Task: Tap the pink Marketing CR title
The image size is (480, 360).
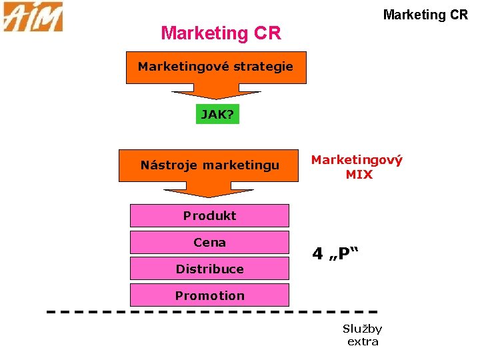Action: pos(221,33)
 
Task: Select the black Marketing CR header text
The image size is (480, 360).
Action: pos(425,15)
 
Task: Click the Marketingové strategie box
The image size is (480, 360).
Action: pos(215,67)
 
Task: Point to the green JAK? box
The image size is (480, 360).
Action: pos(217,115)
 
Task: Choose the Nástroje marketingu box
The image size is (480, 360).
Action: pos(209,165)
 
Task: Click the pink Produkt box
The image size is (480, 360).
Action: pos(209,215)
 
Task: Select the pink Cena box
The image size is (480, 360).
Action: pos(209,242)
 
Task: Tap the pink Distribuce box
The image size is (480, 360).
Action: pos(209,269)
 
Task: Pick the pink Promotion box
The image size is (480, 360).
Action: pos(209,295)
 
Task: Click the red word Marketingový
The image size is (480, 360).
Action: pos(357,160)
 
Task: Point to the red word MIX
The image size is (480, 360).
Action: pos(359,175)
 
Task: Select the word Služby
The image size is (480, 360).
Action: pos(362,329)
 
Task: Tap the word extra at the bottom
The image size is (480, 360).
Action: pos(363,342)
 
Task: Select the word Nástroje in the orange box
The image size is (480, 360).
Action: pos(167,165)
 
